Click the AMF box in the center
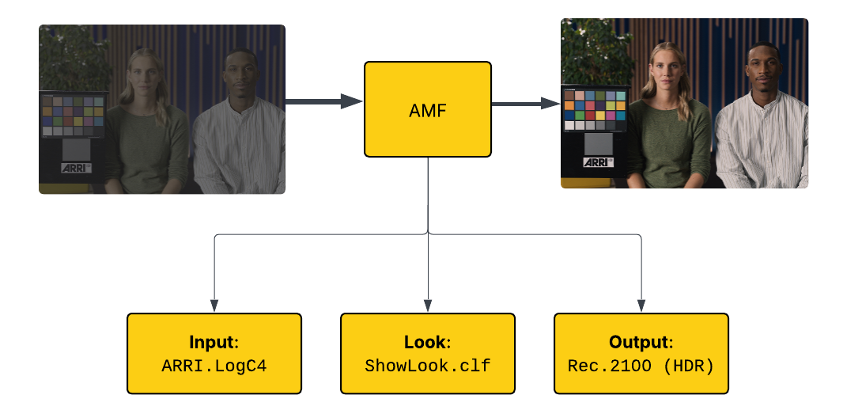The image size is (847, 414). click(427, 109)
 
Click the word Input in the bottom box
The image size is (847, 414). click(214, 343)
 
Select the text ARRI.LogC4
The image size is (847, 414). click(214, 367)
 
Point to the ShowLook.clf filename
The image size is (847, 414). click(427, 367)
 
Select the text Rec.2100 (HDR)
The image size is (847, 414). click(641, 367)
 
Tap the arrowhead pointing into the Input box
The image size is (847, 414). click(214, 306)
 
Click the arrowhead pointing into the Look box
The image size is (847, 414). click(428, 306)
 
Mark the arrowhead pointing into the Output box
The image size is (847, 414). click(641, 306)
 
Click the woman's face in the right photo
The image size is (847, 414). click(667, 70)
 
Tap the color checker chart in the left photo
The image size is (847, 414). click(73, 116)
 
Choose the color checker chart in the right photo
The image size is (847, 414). click(595, 109)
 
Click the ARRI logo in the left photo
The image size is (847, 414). click(77, 168)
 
